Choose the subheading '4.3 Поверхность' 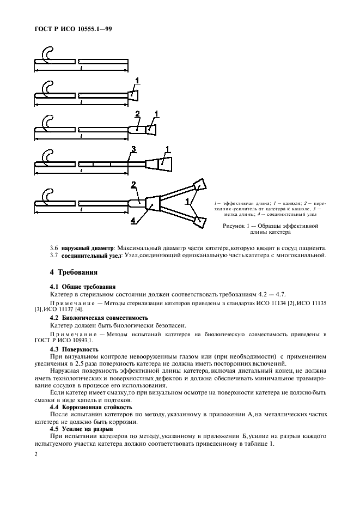[x=74, y=348]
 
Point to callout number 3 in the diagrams [x=133, y=149]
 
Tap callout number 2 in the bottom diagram [x=133, y=185]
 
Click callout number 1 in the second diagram [x=137, y=81]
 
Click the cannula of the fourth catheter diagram [x=166, y=163]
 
